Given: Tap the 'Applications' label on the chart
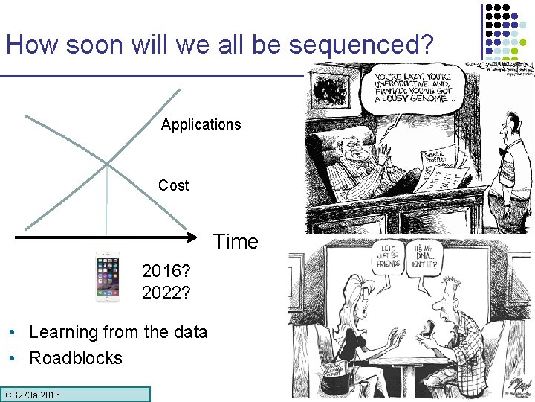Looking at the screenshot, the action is point(201,124).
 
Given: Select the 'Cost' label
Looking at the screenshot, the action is point(173,185).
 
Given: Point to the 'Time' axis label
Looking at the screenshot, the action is point(236,242).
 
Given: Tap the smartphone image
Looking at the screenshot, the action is point(108,277).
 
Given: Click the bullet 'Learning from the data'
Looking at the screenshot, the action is point(118,332).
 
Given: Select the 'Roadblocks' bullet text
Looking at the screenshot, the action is point(76,358).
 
